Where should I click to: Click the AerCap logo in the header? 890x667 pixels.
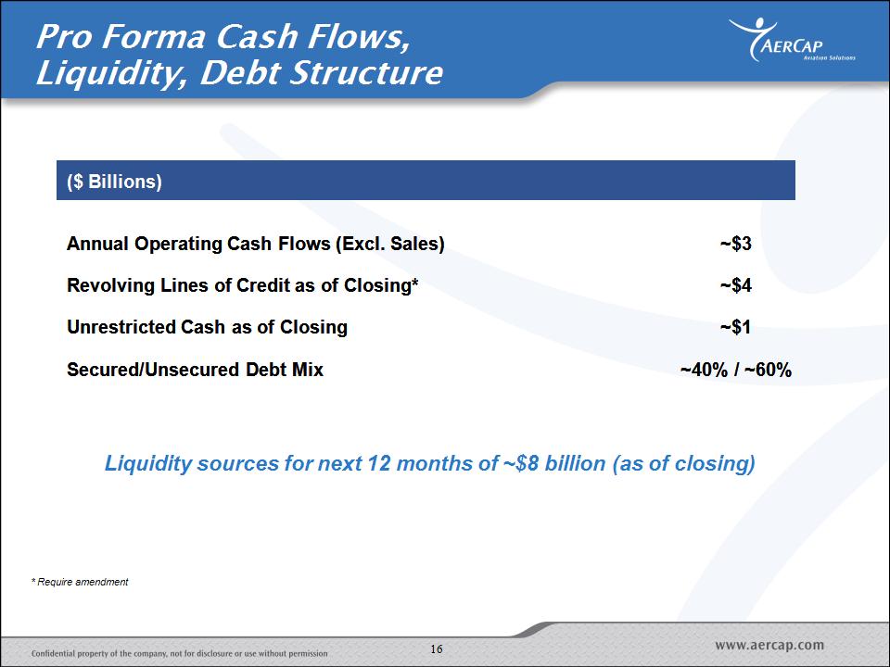pos(792,40)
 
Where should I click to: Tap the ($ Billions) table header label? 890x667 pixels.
pos(114,182)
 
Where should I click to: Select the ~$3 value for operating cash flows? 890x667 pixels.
pos(735,244)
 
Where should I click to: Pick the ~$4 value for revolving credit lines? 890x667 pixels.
pos(735,284)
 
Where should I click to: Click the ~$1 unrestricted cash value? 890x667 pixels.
pos(735,327)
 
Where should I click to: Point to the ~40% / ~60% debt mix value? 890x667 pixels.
pos(735,370)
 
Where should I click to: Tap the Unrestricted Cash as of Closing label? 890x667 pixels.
pos(207,327)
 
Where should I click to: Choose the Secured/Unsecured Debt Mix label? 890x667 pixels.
pos(195,370)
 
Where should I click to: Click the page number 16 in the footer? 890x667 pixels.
pos(437,648)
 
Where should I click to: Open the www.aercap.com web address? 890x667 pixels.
pos(769,645)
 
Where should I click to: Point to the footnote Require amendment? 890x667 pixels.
pos(80,582)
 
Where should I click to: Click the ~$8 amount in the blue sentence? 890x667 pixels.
pos(520,463)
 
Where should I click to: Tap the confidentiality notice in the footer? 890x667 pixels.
pos(179,653)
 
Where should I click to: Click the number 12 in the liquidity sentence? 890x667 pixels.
pos(379,463)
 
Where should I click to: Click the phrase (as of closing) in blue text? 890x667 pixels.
pos(683,464)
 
